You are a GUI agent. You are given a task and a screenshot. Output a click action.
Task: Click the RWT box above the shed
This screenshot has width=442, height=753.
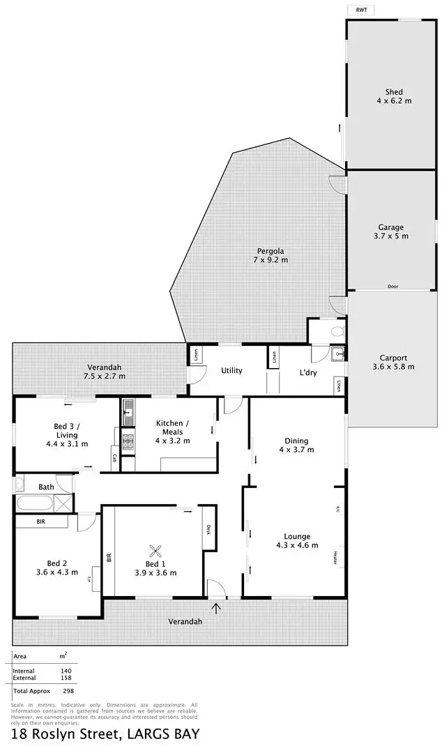pyautogui.click(x=360, y=9)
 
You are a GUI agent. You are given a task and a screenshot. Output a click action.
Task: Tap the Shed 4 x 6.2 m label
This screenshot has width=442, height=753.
pyautogui.click(x=394, y=96)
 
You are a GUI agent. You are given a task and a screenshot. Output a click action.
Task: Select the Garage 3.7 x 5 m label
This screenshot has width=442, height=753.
pyautogui.click(x=391, y=231)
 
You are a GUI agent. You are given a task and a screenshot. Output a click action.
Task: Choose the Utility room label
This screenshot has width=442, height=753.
pyautogui.click(x=231, y=370)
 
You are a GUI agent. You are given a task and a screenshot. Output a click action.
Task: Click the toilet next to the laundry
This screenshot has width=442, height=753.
pyautogui.click(x=337, y=330)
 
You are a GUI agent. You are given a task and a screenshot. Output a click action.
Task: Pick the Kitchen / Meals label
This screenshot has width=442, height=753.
pyautogui.click(x=169, y=432)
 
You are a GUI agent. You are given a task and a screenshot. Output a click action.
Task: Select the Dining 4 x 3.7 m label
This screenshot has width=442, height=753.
pyautogui.click(x=296, y=445)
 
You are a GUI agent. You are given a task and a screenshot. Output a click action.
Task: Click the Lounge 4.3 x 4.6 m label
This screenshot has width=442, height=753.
pyautogui.click(x=293, y=540)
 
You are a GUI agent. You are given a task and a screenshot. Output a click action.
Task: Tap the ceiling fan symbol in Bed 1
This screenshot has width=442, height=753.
pyautogui.click(x=159, y=549)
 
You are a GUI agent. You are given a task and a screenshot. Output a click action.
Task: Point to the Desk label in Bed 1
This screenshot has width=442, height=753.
pyautogui.click(x=208, y=529)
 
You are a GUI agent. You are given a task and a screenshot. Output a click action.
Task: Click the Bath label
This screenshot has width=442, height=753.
pyautogui.click(x=46, y=487)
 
